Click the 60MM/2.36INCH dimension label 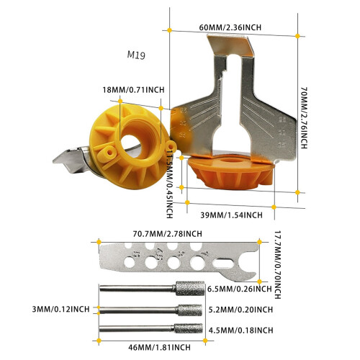[230, 27]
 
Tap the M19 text [136, 55]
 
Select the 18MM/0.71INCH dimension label [133, 90]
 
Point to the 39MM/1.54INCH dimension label [231, 215]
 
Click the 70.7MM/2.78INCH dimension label [168, 233]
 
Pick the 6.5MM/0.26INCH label [240, 289]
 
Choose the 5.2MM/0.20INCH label [240, 310]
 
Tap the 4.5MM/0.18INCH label [241, 330]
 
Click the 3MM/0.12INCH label [60, 309]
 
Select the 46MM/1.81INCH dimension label [159, 347]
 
